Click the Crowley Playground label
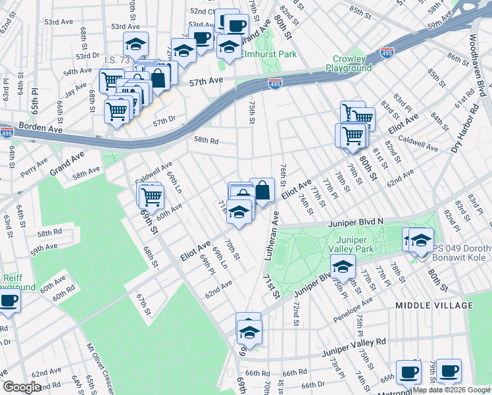pos(349,63)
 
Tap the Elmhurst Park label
pos(268,54)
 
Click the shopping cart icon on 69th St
pos(151,195)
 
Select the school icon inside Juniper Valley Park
pos(343,267)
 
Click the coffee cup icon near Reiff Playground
pos(9,301)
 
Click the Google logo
pos(23,387)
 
